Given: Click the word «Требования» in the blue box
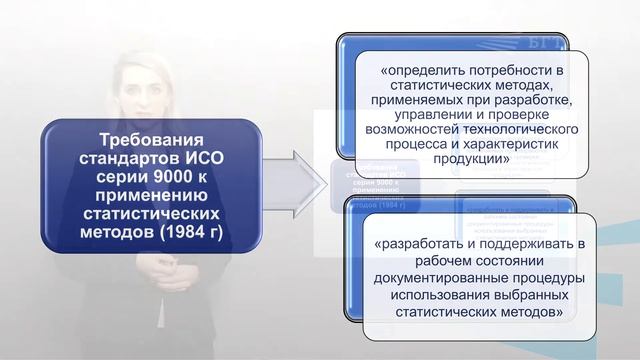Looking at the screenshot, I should [151, 140].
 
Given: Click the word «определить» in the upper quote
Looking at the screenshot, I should [421, 71].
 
